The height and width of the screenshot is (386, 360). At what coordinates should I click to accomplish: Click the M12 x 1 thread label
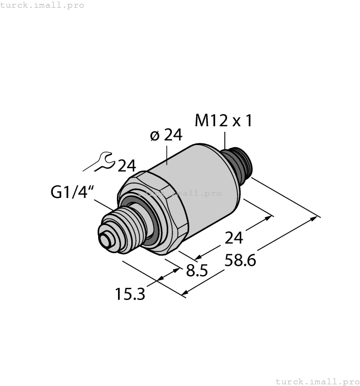224,121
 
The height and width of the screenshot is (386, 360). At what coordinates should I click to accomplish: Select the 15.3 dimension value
130,294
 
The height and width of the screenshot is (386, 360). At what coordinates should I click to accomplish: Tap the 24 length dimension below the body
234,238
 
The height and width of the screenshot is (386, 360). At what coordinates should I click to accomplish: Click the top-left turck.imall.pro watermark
42,5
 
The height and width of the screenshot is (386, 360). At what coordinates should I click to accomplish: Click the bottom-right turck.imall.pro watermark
316,381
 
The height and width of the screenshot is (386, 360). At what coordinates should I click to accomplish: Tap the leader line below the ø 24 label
165,154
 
